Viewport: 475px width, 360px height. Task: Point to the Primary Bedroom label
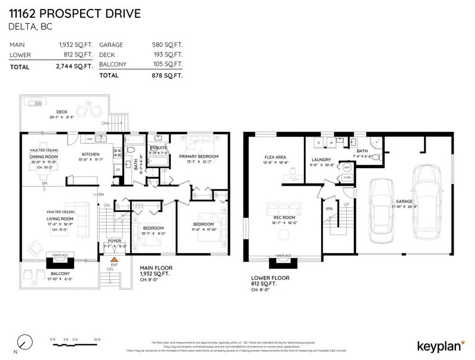point(199,156)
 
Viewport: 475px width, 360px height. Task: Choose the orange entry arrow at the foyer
point(114,260)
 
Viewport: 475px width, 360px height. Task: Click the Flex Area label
point(275,159)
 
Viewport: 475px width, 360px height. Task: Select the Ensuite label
point(159,146)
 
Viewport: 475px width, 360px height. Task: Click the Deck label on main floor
point(62,112)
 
